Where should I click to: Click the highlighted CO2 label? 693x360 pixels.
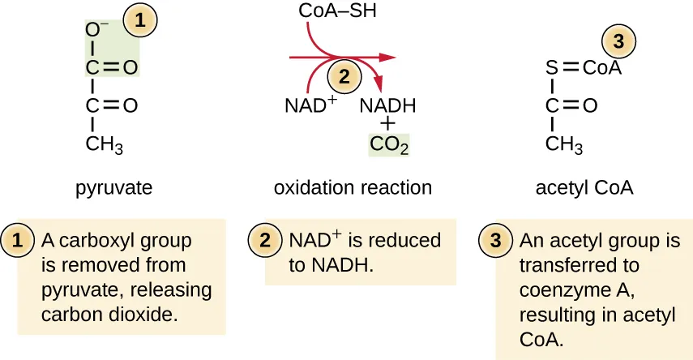pyautogui.click(x=389, y=146)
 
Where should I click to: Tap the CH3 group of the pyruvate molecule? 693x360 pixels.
pyautogui.click(x=105, y=146)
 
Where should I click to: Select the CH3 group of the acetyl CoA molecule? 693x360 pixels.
pyautogui.click(x=564, y=146)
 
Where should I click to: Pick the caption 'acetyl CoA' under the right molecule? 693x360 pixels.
pyautogui.click(x=584, y=189)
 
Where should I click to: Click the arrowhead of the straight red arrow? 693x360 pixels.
pyautogui.click(x=388, y=58)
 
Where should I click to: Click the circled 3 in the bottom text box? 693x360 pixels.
pyautogui.click(x=496, y=240)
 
